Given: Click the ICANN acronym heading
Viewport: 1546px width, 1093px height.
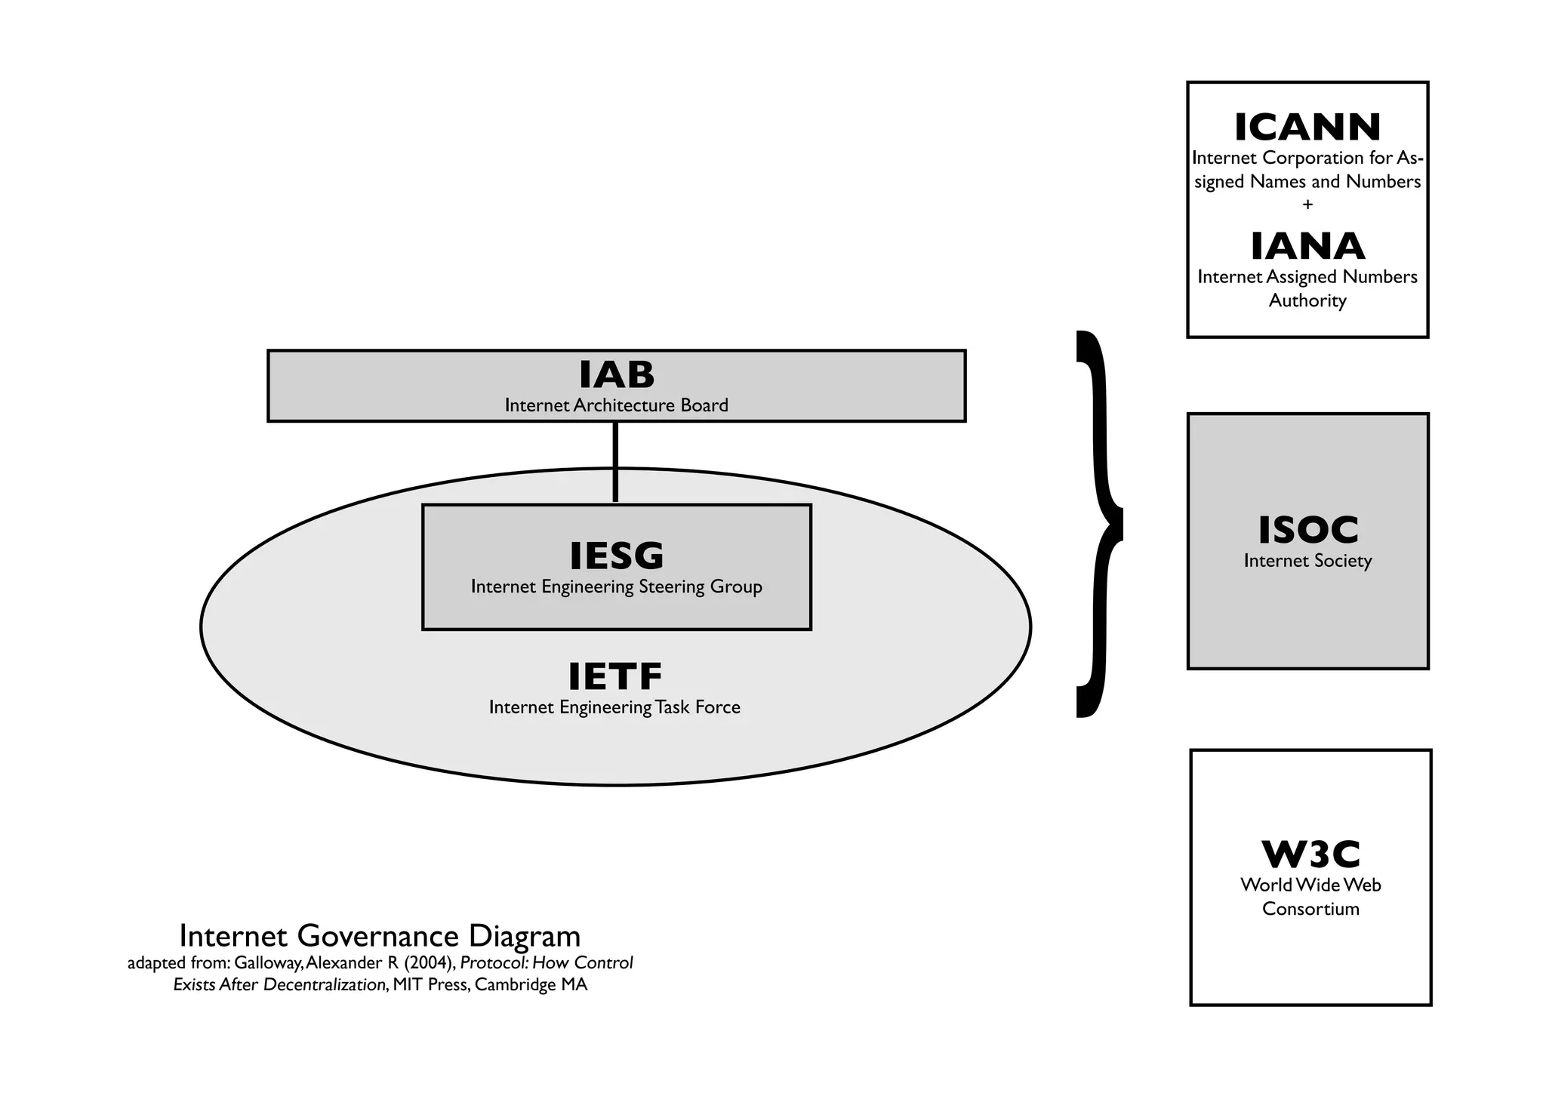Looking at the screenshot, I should pos(1307,128).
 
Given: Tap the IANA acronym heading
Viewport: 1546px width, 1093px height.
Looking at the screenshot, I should pos(1307,247).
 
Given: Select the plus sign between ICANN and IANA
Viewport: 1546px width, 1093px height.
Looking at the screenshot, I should pos(1307,205).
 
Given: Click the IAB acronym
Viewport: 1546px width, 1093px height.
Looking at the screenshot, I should pos(617,374).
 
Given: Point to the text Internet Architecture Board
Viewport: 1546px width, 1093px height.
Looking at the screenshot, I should pos(617,405).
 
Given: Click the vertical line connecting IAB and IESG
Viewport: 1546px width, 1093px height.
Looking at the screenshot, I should pos(615,461).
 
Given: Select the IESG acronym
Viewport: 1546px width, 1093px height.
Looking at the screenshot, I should pos(617,556).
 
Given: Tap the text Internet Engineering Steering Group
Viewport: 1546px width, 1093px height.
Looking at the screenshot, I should pos(617,587).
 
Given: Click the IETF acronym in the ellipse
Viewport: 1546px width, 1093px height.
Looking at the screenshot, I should pos(615,676).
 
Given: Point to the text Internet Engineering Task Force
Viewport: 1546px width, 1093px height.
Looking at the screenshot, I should pos(615,707).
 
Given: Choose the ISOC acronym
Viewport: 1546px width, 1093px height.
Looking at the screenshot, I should pos(1308,530).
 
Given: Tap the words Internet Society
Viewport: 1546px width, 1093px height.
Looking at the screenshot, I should pos(1308,561).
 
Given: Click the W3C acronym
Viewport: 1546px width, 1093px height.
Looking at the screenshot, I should pos(1311,854).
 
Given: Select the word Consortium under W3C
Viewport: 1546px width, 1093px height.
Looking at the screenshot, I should pos(1311,909).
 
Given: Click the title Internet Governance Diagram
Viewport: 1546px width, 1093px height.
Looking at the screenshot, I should pos(380,936).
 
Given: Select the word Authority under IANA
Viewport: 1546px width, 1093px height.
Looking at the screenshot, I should pos(1307,300).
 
